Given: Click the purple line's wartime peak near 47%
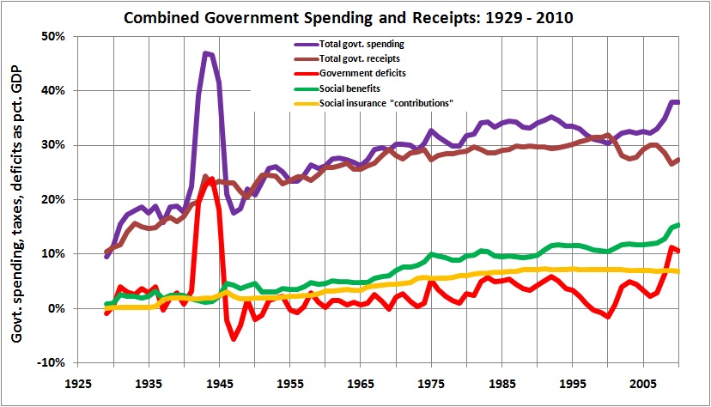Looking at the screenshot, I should (206, 53).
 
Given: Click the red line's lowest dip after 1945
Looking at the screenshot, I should (233, 339).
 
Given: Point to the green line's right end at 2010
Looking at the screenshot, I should (678, 225).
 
